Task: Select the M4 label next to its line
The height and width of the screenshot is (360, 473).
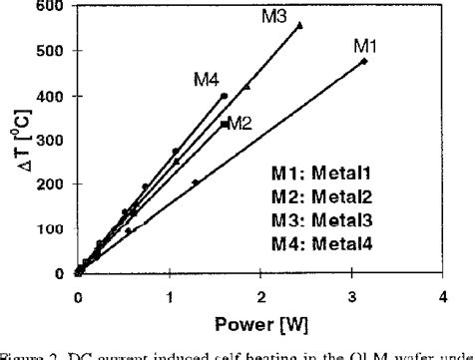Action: [207, 80]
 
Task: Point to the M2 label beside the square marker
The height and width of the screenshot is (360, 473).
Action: [239, 124]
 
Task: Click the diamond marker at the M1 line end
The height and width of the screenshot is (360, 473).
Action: [364, 62]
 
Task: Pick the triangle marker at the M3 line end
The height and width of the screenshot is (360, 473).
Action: [300, 25]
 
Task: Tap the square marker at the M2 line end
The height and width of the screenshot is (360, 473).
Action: [224, 124]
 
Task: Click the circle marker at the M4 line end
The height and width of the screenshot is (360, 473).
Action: [224, 96]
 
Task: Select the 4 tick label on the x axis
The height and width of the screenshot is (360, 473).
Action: [442, 297]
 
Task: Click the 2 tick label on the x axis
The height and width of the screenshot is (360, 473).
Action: [260, 297]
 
